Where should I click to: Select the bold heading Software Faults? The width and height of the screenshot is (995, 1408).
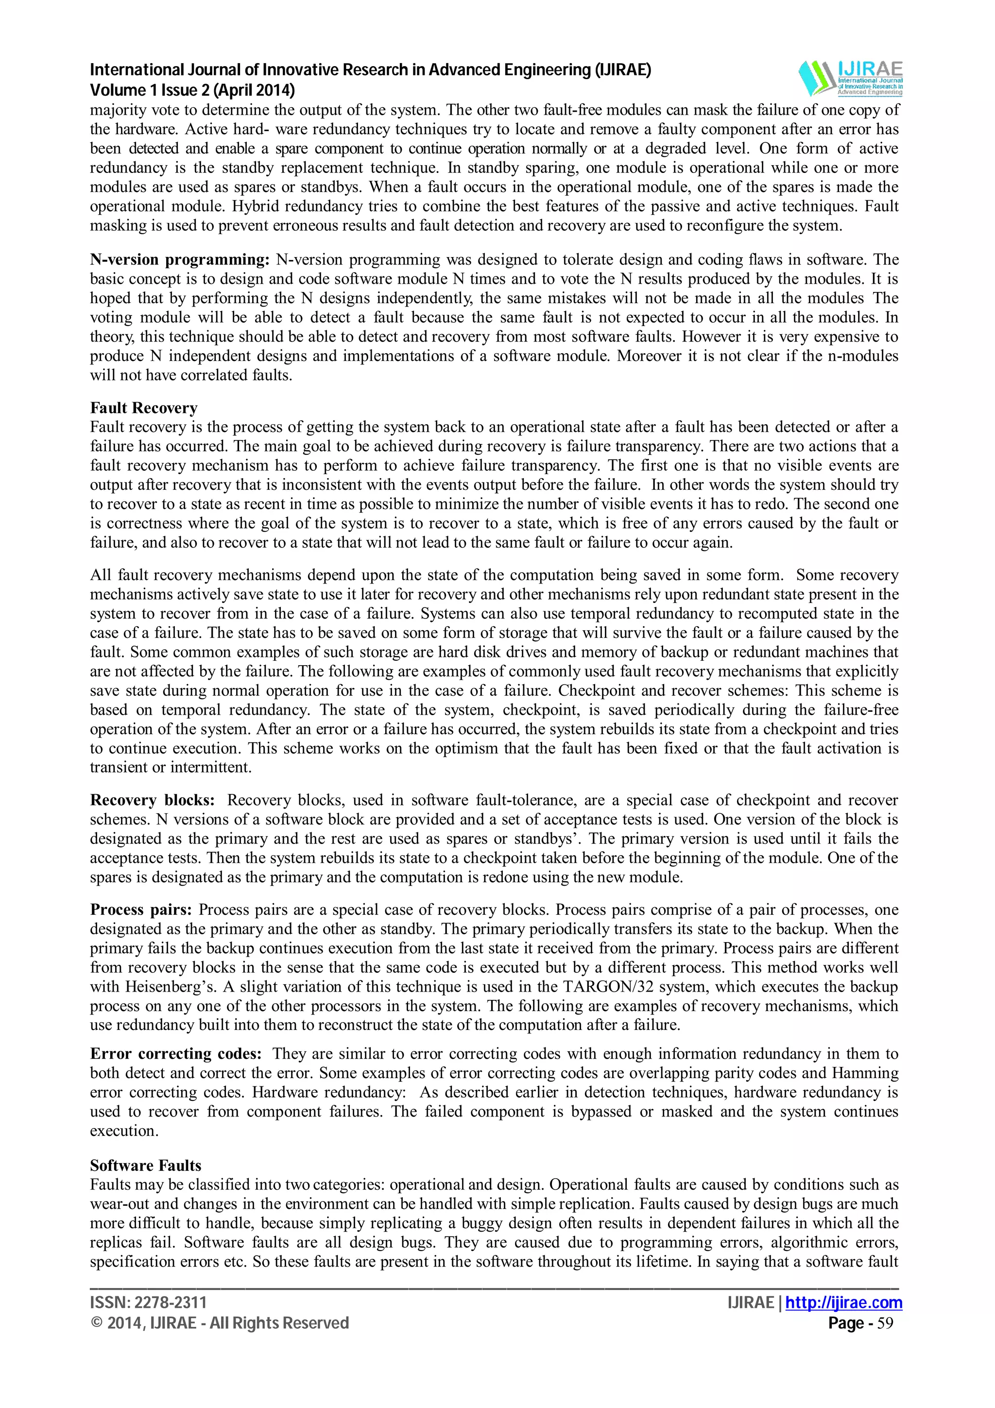[145, 1165]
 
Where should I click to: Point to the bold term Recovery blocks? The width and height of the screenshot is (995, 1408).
[152, 800]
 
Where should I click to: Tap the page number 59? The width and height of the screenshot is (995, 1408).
[885, 1323]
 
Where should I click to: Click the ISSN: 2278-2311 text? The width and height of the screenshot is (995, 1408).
[148, 1303]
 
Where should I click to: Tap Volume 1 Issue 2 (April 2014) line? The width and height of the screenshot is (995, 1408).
[192, 90]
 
